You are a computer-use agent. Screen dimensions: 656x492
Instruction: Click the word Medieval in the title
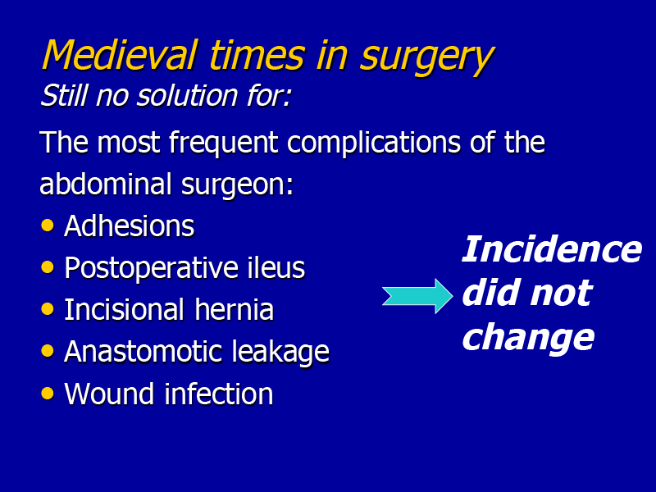120,54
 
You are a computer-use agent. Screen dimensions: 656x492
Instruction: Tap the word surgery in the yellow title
427,58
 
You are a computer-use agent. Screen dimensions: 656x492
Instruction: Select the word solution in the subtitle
188,95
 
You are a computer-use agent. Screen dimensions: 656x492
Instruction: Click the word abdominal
106,183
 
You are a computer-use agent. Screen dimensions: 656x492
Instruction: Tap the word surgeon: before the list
237,186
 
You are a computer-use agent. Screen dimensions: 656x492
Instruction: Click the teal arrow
417,296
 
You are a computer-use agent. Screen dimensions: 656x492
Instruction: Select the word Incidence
552,249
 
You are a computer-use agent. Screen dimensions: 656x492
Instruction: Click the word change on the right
528,337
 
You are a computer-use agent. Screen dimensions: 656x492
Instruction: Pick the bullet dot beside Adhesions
48,225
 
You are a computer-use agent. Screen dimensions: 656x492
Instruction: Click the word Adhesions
130,226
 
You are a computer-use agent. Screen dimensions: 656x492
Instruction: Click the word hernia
235,310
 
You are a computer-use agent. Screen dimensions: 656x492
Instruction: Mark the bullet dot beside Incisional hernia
48,309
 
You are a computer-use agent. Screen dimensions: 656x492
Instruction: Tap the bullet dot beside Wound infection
48,394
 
